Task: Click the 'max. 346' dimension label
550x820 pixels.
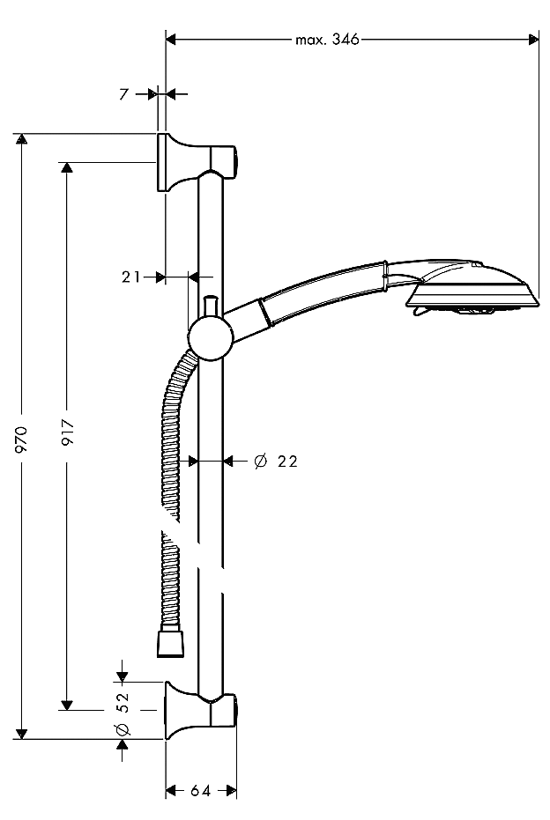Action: click(x=327, y=40)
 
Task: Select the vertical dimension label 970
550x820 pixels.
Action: click(x=24, y=438)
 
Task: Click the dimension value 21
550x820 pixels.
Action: click(x=131, y=277)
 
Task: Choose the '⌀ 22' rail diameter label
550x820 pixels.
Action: click(x=275, y=461)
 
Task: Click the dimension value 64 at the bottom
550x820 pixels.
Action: click(x=200, y=791)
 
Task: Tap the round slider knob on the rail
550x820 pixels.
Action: click(x=210, y=339)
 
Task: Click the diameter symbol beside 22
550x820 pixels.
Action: click(x=260, y=461)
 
